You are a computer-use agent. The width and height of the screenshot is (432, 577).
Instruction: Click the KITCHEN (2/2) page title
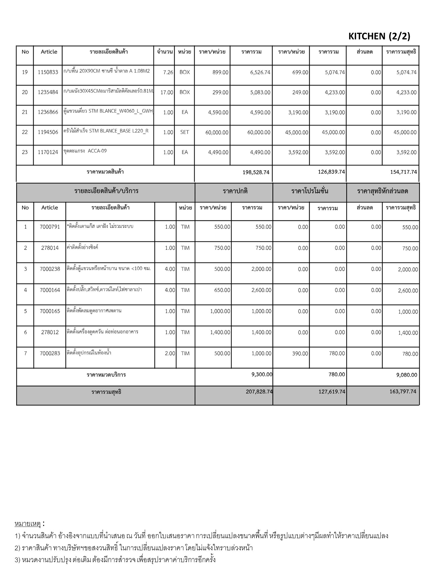pos(379,36)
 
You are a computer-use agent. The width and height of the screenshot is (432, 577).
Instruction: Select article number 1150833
pos(48,72)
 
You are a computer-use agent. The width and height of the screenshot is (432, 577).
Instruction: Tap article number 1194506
pos(48,132)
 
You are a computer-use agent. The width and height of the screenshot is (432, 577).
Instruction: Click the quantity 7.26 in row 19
pos(168,72)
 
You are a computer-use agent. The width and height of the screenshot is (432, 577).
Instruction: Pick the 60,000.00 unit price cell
pos(217,132)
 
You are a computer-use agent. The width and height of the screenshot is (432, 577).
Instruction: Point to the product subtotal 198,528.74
pos(256,172)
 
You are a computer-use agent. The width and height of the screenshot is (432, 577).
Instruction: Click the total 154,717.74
pos(403,172)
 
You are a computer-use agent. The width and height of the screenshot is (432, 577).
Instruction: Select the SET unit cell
pos(184,132)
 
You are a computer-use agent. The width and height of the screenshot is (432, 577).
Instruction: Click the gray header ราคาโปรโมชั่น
pos(309,191)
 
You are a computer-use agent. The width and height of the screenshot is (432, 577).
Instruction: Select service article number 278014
pos(50,248)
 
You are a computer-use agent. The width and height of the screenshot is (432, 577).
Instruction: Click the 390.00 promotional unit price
pos(300,353)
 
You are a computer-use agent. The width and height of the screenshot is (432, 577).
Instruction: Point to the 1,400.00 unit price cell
pos(220,332)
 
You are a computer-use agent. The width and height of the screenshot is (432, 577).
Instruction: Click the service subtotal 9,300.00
pos(262,374)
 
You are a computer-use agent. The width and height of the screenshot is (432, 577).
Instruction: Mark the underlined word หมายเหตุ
pos(28,524)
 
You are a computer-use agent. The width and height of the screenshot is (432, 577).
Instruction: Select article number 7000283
pos(50,353)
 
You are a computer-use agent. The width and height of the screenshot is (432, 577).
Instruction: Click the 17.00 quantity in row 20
pos(167,92)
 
